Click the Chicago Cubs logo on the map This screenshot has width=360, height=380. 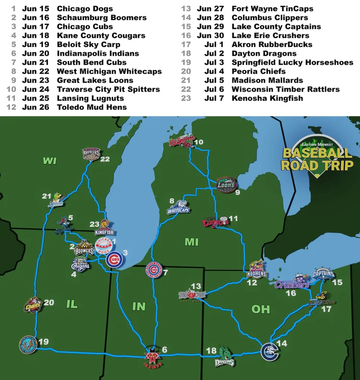point(114,260)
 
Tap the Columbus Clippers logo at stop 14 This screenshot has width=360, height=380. point(268,351)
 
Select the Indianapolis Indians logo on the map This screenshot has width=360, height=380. point(152,358)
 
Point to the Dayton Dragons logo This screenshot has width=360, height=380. point(224,357)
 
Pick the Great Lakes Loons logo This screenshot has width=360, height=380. point(226,184)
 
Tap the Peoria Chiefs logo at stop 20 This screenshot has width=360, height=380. point(33,306)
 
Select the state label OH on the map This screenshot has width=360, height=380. point(261,309)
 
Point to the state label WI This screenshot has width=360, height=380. point(49,161)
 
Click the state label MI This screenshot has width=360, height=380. point(192,242)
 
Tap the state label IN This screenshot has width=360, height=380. point(139,306)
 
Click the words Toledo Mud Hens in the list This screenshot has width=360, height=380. point(92,107)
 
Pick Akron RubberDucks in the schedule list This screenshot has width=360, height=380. point(272,45)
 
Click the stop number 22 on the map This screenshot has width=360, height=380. point(105,159)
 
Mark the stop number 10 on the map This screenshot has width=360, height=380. point(199,142)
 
